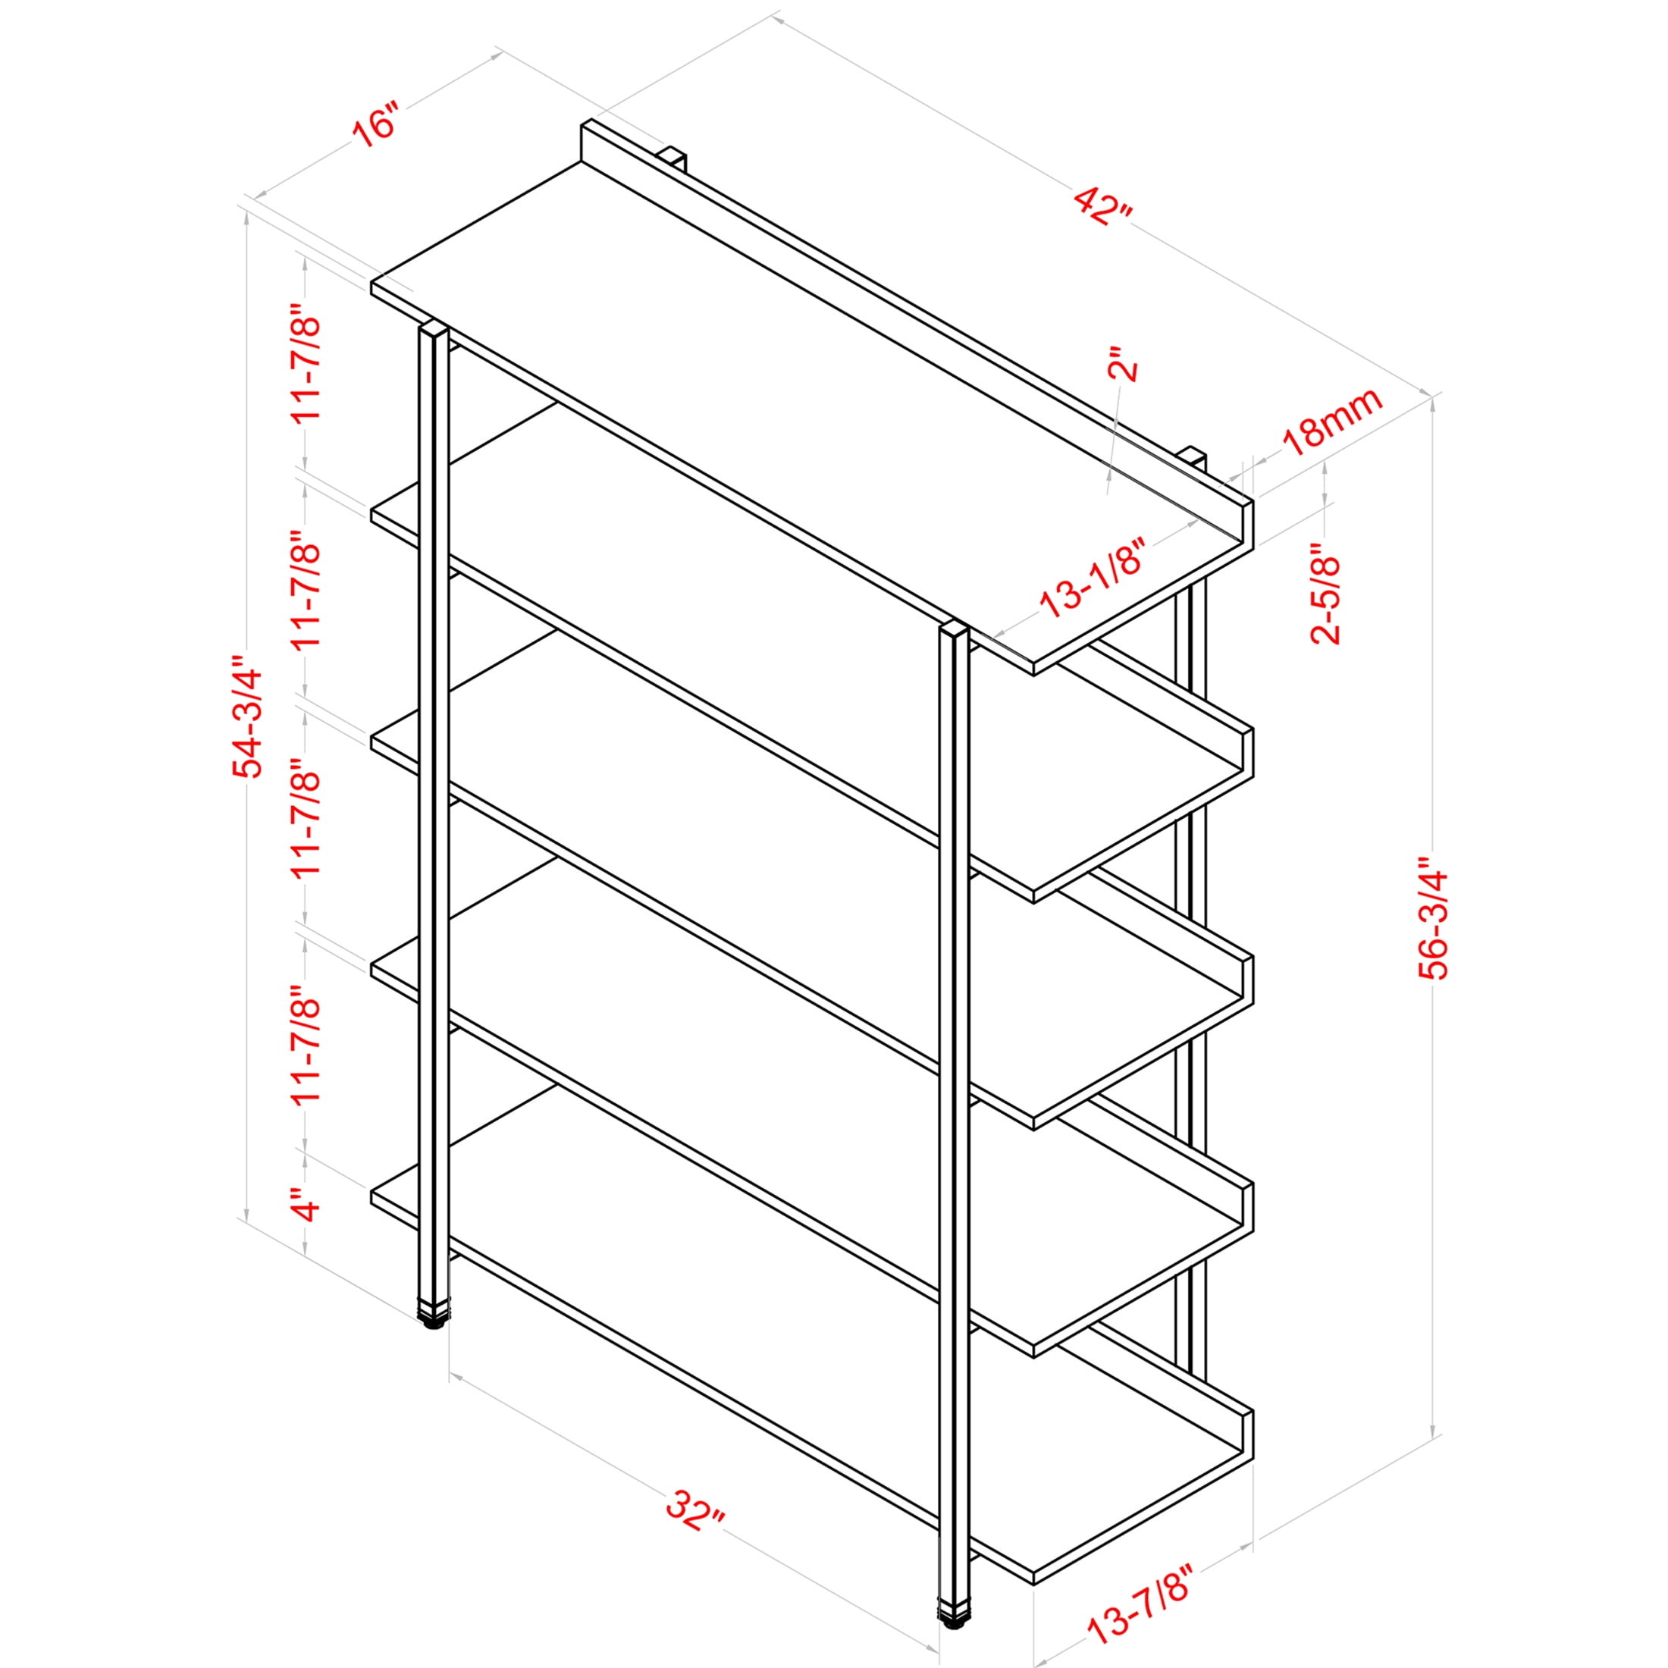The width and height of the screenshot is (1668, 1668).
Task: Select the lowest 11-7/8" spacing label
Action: [306, 1046]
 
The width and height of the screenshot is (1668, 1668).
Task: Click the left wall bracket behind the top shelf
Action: [672, 160]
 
